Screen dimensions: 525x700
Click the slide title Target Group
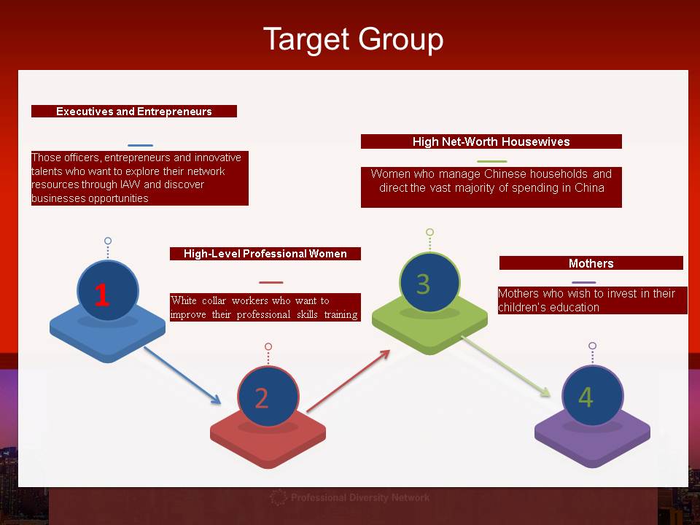[353, 39]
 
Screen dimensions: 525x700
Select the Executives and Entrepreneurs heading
[134, 112]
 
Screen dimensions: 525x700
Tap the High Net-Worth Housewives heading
[491, 141]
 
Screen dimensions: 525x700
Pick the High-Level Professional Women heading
[265, 254]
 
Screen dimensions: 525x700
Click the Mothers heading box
[591, 263]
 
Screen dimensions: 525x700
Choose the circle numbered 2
[268, 397]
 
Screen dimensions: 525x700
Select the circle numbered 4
[592, 396]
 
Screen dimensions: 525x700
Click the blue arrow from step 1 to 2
[182, 375]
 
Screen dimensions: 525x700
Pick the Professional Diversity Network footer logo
[349, 498]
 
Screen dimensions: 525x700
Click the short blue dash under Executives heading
[140, 146]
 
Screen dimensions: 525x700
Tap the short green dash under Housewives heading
[491, 161]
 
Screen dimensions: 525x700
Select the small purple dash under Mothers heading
[583, 283]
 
